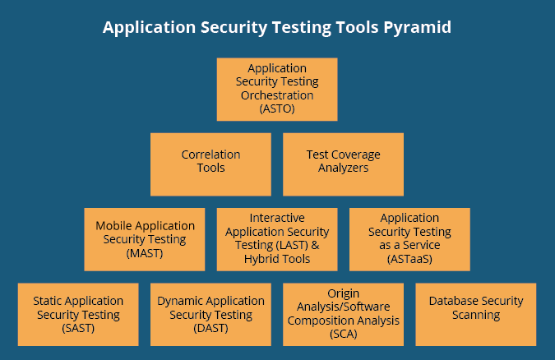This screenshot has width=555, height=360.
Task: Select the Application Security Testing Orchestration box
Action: (x=277, y=89)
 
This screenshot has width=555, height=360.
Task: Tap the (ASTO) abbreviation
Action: (x=277, y=108)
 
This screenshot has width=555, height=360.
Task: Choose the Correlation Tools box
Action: (x=210, y=164)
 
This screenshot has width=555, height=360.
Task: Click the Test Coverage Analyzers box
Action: (x=343, y=164)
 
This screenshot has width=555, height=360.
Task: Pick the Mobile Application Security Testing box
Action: (x=145, y=239)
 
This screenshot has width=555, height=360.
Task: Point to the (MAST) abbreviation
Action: (x=145, y=253)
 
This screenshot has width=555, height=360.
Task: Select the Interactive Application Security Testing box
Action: (x=277, y=239)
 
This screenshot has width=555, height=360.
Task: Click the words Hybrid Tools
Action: (x=278, y=259)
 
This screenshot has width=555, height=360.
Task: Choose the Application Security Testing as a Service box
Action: (x=409, y=239)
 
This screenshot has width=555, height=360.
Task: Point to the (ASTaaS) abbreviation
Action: (x=409, y=259)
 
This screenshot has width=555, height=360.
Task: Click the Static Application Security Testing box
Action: (x=78, y=314)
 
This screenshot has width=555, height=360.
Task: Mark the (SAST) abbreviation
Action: (x=78, y=328)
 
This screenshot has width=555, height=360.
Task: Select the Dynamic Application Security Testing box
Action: (x=210, y=314)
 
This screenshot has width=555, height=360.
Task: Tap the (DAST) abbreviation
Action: (x=210, y=328)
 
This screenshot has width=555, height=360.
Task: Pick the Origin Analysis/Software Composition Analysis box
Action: (x=343, y=314)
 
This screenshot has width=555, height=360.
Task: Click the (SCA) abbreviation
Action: (x=343, y=335)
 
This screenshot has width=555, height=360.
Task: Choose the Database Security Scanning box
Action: (x=475, y=314)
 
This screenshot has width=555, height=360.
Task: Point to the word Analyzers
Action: (x=343, y=168)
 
